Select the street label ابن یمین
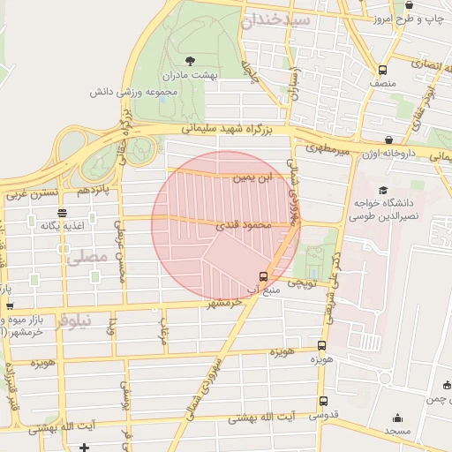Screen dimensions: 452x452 [252, 178]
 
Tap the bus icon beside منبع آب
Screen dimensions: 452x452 [263, 275]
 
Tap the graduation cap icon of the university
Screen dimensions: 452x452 [382, 190]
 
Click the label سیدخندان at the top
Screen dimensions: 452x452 [304, 19]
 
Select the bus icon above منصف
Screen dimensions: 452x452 [382, 70]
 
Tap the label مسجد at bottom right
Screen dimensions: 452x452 [397, 430]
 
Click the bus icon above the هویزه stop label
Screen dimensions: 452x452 [321, 345]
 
